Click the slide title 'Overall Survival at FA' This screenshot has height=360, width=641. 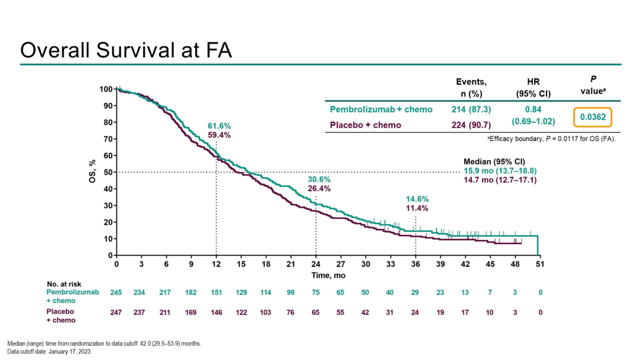tap(126, 50)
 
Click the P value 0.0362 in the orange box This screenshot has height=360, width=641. tap(593, 117)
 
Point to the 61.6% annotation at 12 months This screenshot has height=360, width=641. tap(219, 126)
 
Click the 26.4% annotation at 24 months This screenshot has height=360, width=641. tap(319, 189)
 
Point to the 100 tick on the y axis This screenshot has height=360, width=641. tap(106, 89)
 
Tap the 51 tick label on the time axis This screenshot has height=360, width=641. tap(540, 264)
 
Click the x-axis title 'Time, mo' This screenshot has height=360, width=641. tap(328, 276)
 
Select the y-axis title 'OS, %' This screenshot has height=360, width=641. tap(93, 171)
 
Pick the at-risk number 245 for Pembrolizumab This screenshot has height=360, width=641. tap(117, 292)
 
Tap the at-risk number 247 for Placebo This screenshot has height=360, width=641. tap(117, 312)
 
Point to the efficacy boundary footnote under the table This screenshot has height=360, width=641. tap(551, 139)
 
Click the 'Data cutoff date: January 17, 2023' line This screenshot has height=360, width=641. tap(49, 351)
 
